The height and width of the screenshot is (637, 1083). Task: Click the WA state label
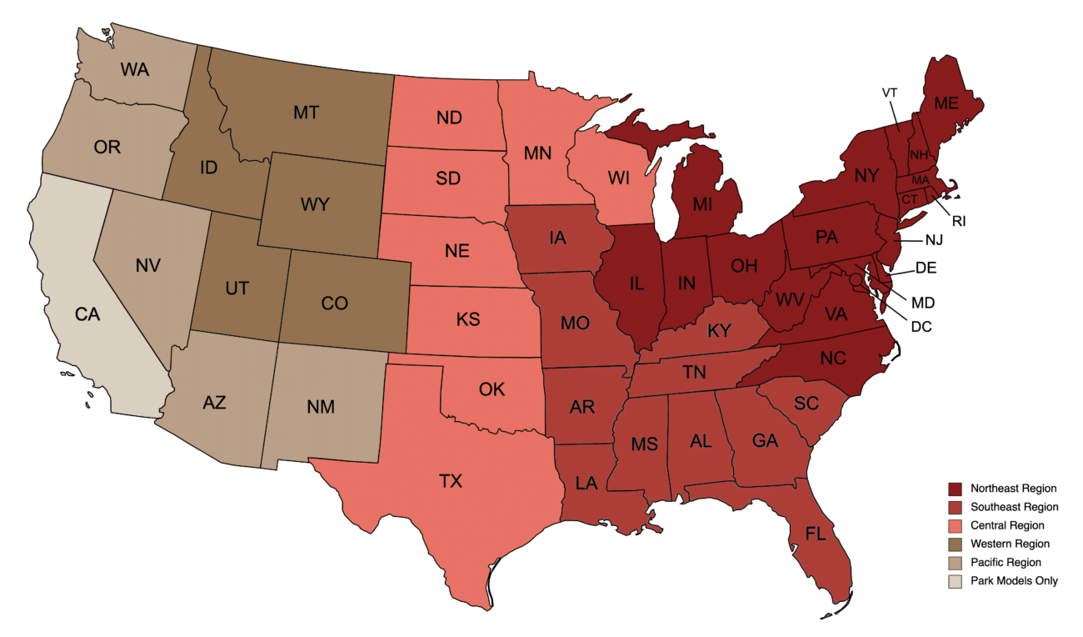(x=134, y=69)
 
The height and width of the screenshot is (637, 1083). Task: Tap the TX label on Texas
(x=451, y=480)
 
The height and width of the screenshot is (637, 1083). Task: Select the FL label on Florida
(x=815, y=534)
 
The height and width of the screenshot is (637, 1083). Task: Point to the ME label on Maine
(x=946, y=103)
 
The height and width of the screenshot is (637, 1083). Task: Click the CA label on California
(x=87, y=314)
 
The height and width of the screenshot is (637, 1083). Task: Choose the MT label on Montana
(x=306, y=113)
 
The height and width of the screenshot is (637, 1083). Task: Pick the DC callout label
(x=921, y=327)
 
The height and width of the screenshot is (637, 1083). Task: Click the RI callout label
(x=960, y=221)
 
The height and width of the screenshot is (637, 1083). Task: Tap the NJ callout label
(x=934, y=240)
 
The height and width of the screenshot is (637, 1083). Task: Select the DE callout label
(x=926, y=268)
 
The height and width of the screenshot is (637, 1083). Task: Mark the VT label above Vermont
(x=890, y=92)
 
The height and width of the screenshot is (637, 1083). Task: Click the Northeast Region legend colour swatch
(x=955, y=489)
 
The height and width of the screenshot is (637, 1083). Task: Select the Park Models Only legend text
(x=1015, y=581)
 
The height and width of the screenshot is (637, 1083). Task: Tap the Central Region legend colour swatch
(x=955, y=525)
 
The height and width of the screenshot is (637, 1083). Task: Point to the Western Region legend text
(x=1011, y=544)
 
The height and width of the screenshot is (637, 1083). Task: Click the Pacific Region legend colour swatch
(x=955, y=563)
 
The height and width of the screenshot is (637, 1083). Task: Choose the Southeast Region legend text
(x=1015, y=507)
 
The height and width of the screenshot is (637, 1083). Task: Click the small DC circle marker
(x=856, y=290)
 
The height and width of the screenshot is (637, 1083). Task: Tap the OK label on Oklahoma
(x=492, y=389)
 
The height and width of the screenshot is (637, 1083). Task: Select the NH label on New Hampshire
(x=919, y=154)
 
